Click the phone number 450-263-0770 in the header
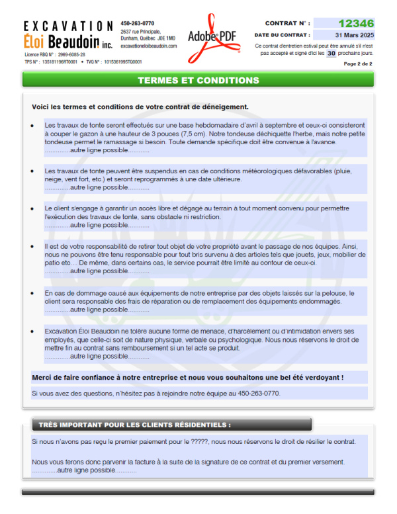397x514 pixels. coord(138,23)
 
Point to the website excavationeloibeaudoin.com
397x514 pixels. coord(149,46)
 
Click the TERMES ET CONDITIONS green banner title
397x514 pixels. coord(198,81)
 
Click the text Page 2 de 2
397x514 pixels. coord(358,64)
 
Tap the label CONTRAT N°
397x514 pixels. coord(286,23)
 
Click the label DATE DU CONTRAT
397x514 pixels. coord(283,35)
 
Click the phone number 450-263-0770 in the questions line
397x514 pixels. coord(257,394)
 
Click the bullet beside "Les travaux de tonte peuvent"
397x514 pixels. coord(32,171)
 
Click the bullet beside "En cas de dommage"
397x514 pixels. coord(32,293)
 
